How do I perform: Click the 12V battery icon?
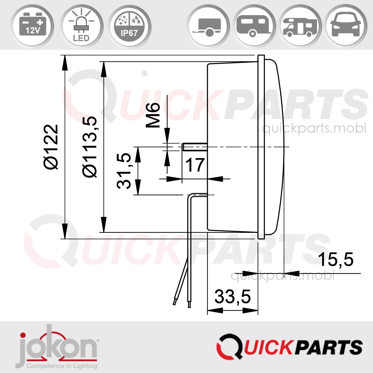point(32,26)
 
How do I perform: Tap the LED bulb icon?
point(81,26)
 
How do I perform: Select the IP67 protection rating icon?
point(129,26)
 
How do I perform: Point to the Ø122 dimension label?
point(51,147)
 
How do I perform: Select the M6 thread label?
point(153,115)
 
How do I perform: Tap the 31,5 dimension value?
point(124,171)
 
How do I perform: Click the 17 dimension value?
point(195,165)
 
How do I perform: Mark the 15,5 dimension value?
point(336,259)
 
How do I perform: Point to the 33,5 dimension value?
point(233,297)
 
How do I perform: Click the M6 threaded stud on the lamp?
point(194,147)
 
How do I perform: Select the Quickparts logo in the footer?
point(289,346)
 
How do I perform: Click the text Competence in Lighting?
point(62,366)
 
